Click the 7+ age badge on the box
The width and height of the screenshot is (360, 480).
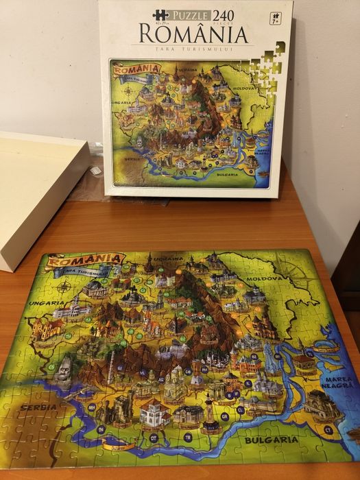(276, 19)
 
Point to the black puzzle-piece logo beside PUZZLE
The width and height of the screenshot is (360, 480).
(160, 14)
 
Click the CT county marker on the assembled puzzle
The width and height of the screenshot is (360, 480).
(328, 429)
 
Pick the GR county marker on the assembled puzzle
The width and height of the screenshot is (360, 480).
(224, 416)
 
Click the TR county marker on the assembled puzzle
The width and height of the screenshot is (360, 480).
(187, 436)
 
